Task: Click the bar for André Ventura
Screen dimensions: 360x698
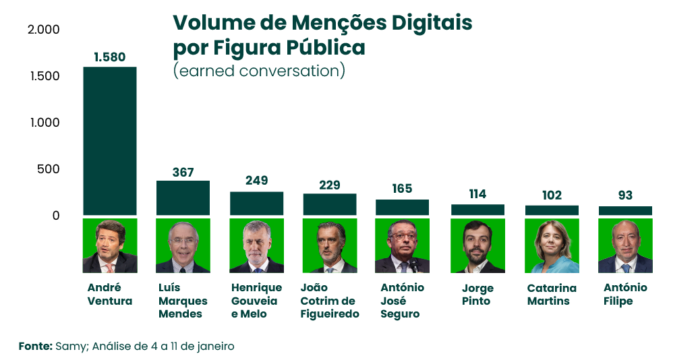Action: (x=110, y=141)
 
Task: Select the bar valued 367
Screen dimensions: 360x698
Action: (x=183, y=198)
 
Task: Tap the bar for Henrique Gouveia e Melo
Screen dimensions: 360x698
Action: (x=256, y=203)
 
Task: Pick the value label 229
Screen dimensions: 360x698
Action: (x=330, y=185)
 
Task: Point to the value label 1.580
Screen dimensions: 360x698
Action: (x=110, y=57)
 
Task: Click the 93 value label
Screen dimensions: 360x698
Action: (x=625, y=196)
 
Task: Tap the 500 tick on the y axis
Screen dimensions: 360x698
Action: (x=49, y=169)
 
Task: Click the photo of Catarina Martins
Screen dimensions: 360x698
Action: (x=552, y=245)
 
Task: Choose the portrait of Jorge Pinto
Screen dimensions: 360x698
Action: (x=477, y=245)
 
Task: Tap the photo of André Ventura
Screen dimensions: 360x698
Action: (x=110, y=245)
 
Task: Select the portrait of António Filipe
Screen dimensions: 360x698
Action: (x=625, y=245)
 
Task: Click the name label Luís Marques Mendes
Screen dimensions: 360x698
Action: (x=183, y=301)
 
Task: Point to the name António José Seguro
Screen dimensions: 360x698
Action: (x=403, y=301)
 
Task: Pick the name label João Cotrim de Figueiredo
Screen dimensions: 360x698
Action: (x=330, y=301)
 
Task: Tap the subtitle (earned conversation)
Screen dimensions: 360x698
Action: (x=259, y=71)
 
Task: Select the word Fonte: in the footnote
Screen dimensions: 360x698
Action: (x=35, y=346)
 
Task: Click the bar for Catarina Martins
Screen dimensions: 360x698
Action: (x=552, y=210)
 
